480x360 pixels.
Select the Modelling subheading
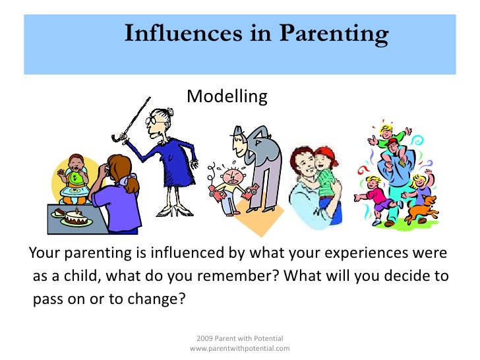tap(227, 97)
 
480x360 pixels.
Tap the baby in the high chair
tap(78, 171)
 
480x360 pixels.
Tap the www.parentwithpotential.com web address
tap(239, 347)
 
